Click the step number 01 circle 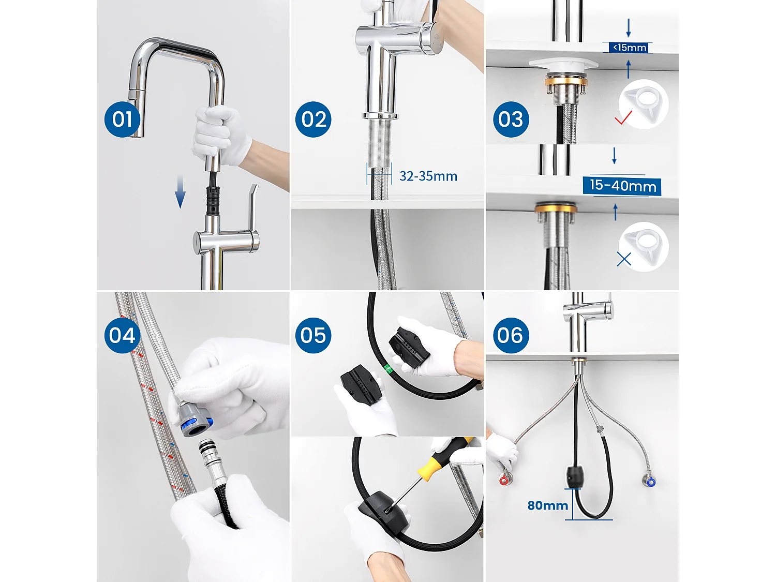tap(123, 120)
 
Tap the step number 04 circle tap(123, 336)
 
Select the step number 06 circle tap(511, 336)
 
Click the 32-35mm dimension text tap(428, 176)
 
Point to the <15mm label tap(629, 48)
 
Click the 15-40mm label tap(622, 186)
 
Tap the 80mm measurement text tap(547, 505)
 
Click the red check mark tap(623, 118)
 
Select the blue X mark tap(624, 259)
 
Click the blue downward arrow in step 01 tap(180, 191)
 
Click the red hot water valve tap(504, 480)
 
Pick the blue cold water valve tap(650, 482)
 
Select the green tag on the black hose tap(387, 369)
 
